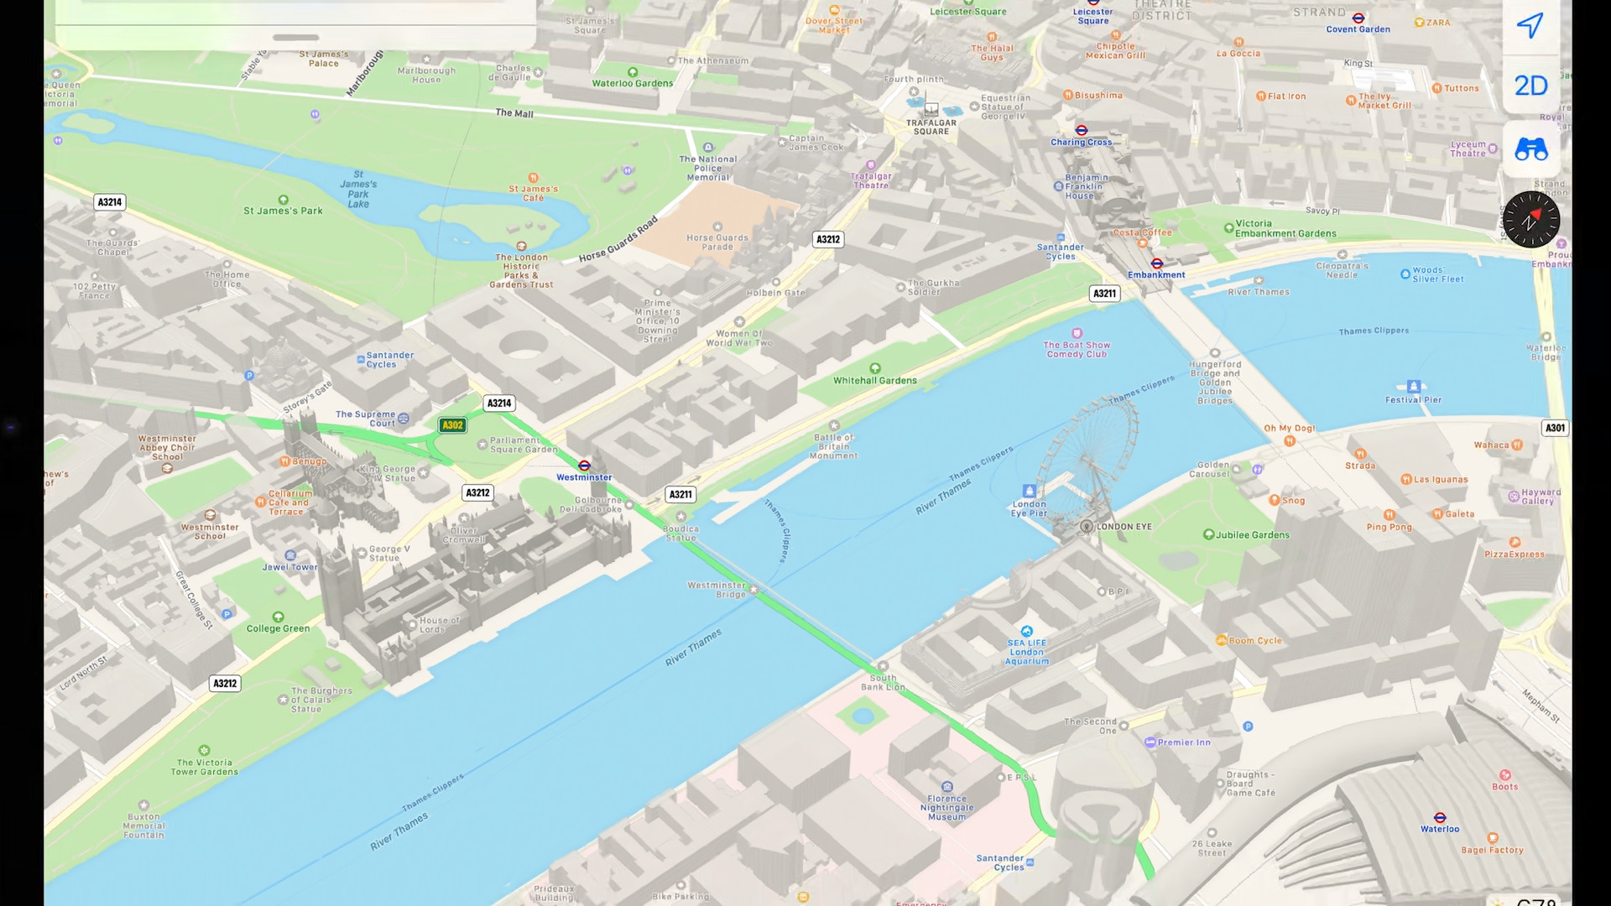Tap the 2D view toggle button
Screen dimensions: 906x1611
point(1530,86)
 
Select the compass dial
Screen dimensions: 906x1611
point(1531,220)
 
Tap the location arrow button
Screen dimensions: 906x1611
point(1530,25)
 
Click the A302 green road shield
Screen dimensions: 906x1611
point(452,425)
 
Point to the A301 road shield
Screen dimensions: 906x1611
point(1555,428)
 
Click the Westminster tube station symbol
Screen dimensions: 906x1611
point(584,466)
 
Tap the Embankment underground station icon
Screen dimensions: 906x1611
point(1156,263)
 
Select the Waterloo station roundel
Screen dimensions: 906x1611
point(1440,818)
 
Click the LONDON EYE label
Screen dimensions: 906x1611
point(1124,527)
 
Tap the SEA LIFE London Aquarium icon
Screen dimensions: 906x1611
point(1027,631)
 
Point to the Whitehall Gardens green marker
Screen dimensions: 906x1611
point(875,368)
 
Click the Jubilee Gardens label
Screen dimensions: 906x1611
point(1252,535)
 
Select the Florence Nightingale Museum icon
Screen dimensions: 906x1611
point(947,787)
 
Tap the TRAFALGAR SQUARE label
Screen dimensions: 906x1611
point(931,127)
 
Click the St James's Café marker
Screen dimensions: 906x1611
point(534,178)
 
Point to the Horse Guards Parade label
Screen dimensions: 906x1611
point(717,242)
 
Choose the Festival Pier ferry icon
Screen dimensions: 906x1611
point(1414,387)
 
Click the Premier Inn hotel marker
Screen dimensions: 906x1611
point(1150,742)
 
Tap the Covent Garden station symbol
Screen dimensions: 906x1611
point(1358,18)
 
